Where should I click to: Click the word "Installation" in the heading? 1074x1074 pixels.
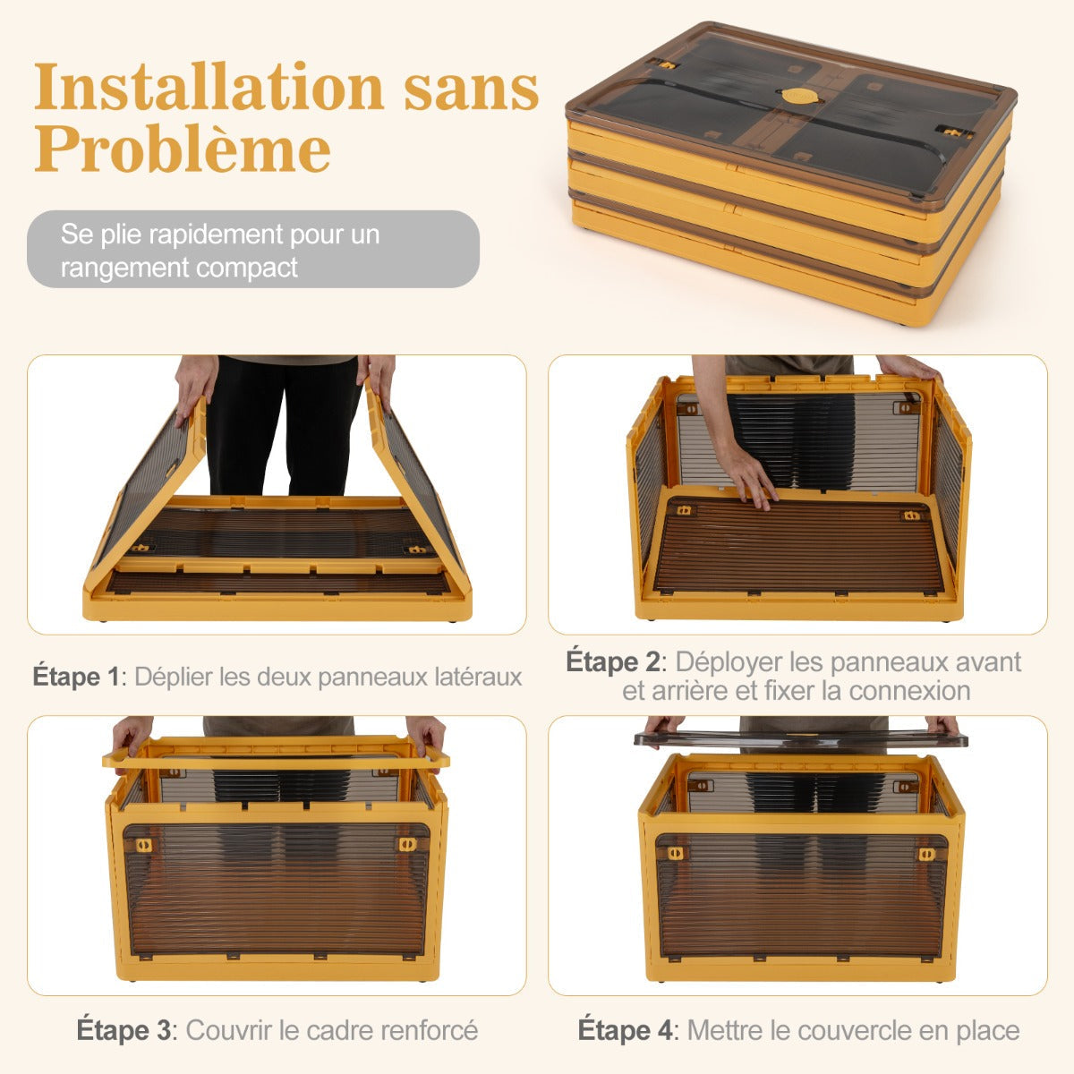(x=209, y=89)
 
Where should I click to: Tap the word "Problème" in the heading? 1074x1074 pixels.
(x=183, y=149)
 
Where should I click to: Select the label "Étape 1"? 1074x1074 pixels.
(x=76, y=677)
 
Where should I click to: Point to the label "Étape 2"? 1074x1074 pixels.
(x=613, y=662)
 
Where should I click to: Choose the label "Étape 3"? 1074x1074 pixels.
(x=124, y=1030)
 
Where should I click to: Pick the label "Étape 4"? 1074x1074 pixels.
(x=626, y=1030)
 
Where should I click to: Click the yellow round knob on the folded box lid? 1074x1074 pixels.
(x=797, y=95)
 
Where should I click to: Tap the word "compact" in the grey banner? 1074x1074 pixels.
(x=248, y=267)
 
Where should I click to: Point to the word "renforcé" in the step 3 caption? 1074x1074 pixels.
(x=426, y=1030)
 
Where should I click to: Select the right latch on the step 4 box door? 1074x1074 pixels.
(x=927, y=854)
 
